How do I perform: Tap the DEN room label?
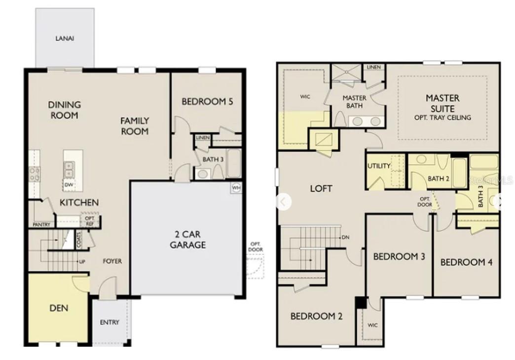pyautogui.click(x=59, y=308)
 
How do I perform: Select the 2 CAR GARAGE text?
pyautogui.click(x=188, y=239)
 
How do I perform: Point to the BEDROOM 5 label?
pyautogui.click(x=207, y=102)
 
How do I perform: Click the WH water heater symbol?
pyautogui.click(x=236, y=188)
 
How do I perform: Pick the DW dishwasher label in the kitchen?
pyautogui.click(x=69, y=185)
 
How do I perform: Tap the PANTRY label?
pyautogui.click(x=41, y=224)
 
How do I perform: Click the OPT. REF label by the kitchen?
pyautogui.click(x=90, y=220)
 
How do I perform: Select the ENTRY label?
pyautogui.click(x=110, y=323)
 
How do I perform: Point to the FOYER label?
pyautogui.click(x=112, y=261)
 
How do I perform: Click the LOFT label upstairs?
pyautogui.click(x=321, y=188)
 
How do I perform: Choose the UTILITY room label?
pyautogui.click(x=379, y=166)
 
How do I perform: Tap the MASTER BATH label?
pyautogui.click(x=354, y=102)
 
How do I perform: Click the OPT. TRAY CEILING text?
pyautogui.click(x=442, y=118)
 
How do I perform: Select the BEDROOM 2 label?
pyautogui.click(x=316, y=317)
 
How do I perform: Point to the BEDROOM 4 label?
pyautogui.click(x=466, y=262)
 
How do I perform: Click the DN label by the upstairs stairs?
pyautogui.click(x=345, y=237)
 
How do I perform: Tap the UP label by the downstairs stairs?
pyautogui.click(x=82, y=261)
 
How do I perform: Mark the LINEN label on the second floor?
pyautogui.click(x=373, y=67)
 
